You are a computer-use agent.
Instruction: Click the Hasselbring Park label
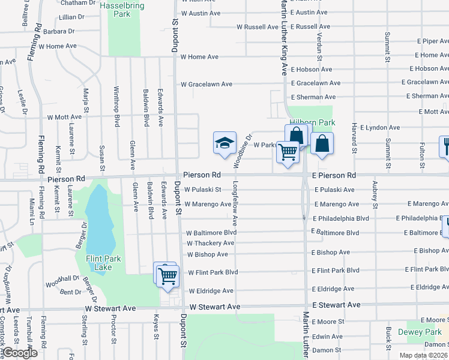coord(123,9)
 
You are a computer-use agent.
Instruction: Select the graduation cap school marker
coord(224,144)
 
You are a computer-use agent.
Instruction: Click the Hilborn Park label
coord(312,122)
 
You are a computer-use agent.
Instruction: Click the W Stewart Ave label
coord(215,307)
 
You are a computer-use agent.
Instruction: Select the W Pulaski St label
coord(203,190)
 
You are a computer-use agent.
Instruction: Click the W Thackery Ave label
coord(210,244)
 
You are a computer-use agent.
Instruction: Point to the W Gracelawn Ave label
coord(206,85)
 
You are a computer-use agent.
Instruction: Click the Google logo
coord(19,353)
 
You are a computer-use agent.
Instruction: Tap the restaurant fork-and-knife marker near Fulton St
coord(445,146)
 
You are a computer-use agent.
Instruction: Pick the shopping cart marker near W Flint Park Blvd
coord(167,275)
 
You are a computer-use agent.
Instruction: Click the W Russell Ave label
coord(258,27)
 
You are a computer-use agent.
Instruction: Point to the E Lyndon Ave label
coord(379,128)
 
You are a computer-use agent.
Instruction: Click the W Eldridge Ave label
coord(211,291)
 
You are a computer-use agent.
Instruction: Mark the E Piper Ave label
coord(432,41)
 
